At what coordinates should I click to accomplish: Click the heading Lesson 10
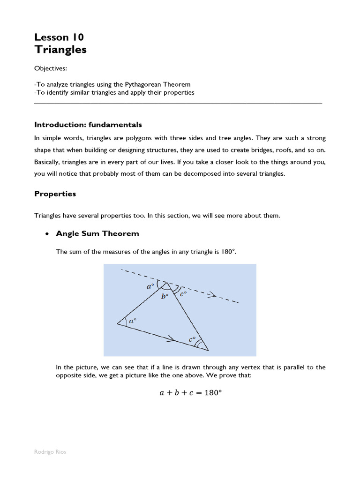click(59, 37)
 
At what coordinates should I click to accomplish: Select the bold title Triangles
click(60, 50)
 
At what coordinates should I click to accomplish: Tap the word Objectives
click(50, 68)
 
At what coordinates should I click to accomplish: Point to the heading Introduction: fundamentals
click(88, 125)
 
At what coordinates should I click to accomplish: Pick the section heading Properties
click(55, 194)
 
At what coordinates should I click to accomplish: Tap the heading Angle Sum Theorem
click(97, 233)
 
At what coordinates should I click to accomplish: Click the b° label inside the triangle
click(165, 297)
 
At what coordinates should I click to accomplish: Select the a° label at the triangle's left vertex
click(132, 322)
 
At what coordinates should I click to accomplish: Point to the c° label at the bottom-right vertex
click(192, 338)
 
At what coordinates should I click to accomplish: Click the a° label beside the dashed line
click(150, 285)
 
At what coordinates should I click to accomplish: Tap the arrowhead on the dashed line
click(212, 295)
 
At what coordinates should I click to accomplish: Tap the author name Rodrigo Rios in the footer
click(50, 452)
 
